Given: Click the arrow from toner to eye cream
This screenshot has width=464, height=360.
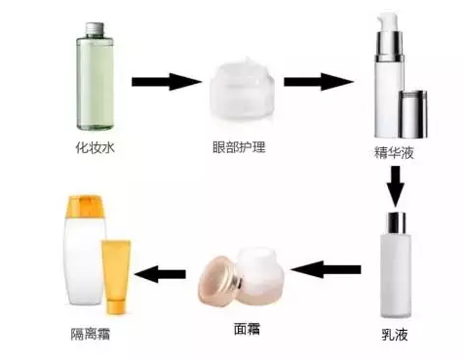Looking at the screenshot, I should [x=165, y=80].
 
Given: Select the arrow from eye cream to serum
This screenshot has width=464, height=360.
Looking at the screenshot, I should [x=317, y=80].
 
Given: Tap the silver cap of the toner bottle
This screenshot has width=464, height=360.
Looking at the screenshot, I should [x=96, y=30].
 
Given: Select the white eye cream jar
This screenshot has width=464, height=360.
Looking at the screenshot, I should [x=241, y=89].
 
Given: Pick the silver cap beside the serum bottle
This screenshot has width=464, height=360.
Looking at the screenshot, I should [x=414, y=113].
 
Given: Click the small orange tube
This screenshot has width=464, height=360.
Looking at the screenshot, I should [x=116, y=276].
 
